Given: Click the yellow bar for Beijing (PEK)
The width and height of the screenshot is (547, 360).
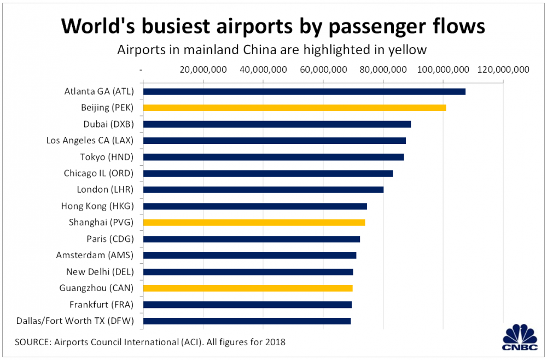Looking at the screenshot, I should coord(294,108).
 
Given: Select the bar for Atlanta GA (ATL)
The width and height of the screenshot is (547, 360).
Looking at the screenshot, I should coord(304,91).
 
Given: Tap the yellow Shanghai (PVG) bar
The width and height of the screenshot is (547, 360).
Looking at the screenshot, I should coord(254,223).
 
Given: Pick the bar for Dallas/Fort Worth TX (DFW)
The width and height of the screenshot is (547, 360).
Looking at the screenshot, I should coord(247,321).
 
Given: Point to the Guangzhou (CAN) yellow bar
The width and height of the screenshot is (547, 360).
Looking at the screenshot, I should coord(248,288).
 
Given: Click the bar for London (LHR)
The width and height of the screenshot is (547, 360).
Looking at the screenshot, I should coord(263,190).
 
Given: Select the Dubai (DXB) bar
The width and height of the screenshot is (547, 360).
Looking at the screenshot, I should coord(277,124).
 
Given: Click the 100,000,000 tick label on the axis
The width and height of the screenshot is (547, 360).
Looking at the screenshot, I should coord(443,69).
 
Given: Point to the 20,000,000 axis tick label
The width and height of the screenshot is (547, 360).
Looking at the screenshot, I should coord(203,69).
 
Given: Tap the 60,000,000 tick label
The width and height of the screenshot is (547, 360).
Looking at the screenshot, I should coord(323,69).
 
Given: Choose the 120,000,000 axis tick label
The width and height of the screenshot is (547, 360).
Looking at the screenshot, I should coord(503,69).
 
